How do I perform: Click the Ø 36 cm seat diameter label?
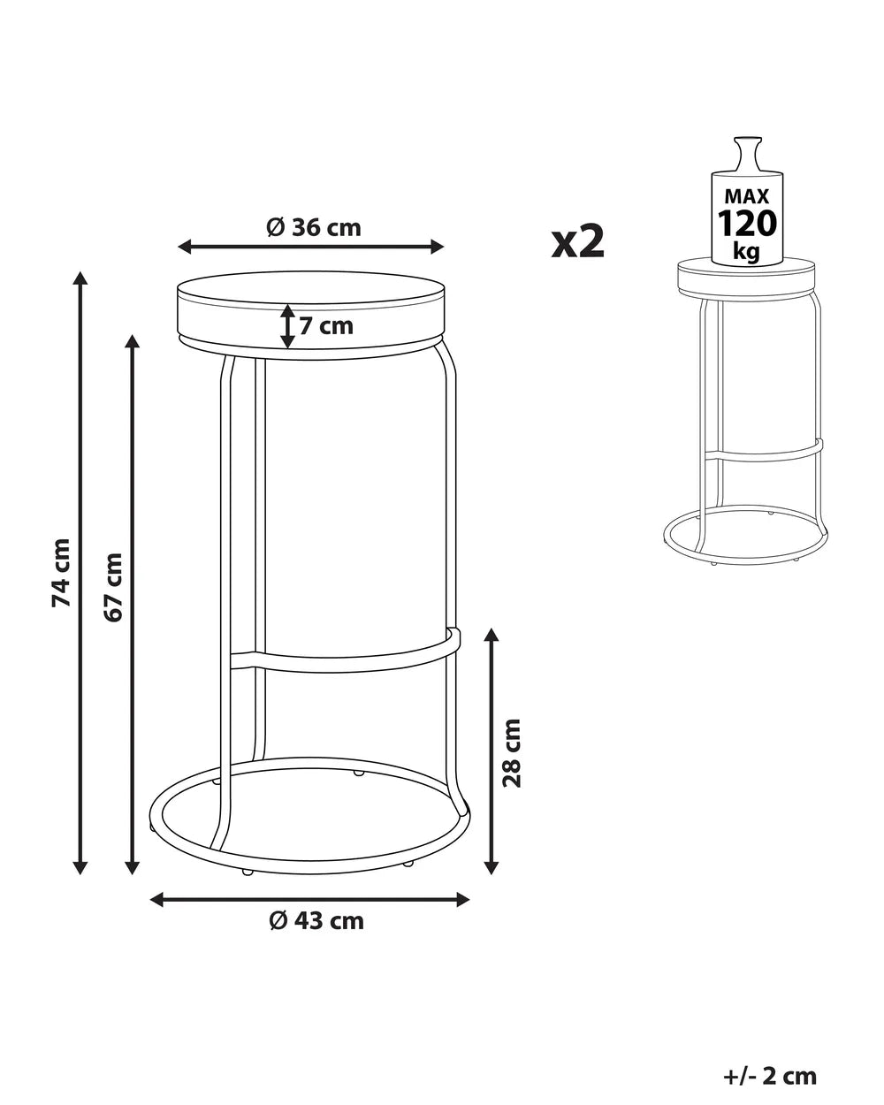[313, 227]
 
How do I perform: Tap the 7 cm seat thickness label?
[326, 326]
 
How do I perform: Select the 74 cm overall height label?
[61, 573]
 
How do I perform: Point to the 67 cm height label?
[113, 587]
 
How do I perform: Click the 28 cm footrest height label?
[512, 753]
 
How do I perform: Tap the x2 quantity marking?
[578, 242]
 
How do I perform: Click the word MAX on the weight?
[747, 196]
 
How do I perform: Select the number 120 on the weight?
[747, 224]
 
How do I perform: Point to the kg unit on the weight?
[747, 252]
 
